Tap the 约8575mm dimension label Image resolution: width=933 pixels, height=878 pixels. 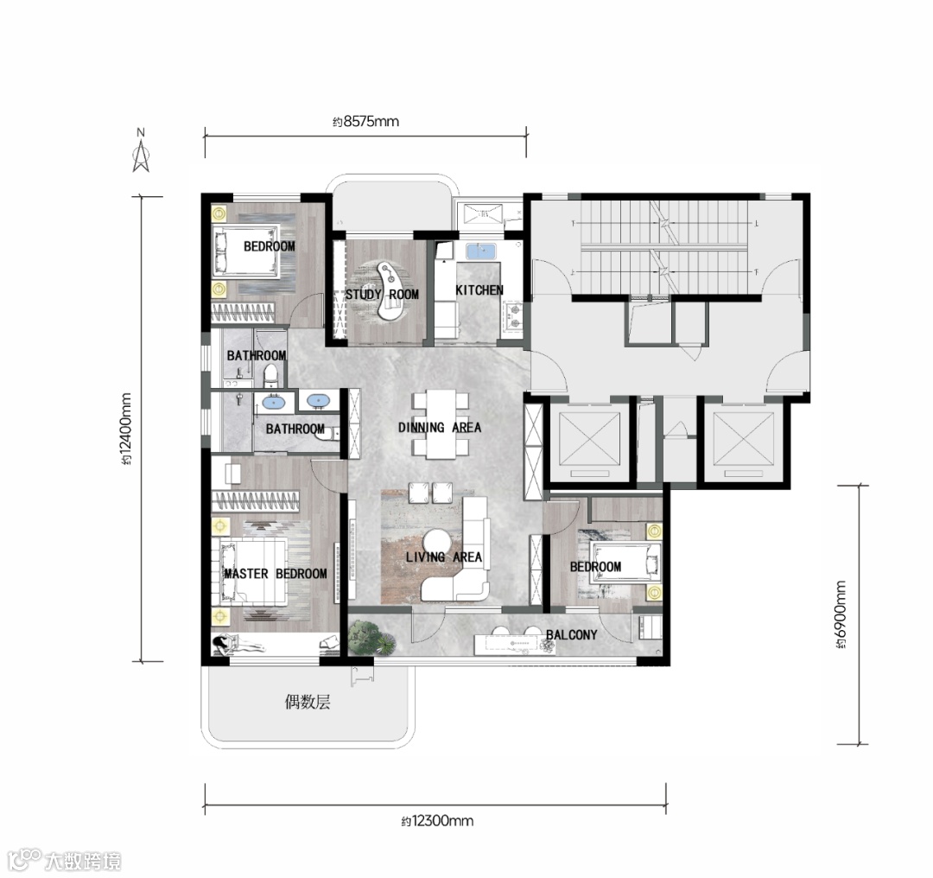[x=366, y=122]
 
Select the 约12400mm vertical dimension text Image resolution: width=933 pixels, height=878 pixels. [x=126, y=429]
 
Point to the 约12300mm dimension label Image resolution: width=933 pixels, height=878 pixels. [x=437, y=822]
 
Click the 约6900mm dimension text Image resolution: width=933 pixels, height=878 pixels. [x=840, y=614]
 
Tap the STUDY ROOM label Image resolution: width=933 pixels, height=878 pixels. [x=382, y=294]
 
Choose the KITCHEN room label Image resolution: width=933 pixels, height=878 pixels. [x=479, y=289]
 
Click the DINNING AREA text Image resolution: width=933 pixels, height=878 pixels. [x=440, y=428]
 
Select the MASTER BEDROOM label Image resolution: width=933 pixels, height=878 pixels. [x=276, y=574]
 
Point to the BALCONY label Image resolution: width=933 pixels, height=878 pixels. [x=571, y=634]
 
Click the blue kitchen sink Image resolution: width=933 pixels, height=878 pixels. [x=480, y=251]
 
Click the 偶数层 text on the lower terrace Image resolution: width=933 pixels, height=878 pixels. [x=307, y=703]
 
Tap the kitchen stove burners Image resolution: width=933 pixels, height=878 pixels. [x=513, y=316]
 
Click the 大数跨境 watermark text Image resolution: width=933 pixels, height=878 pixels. [x=83, y=862]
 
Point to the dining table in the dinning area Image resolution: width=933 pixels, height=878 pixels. [x=441, y=423]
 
